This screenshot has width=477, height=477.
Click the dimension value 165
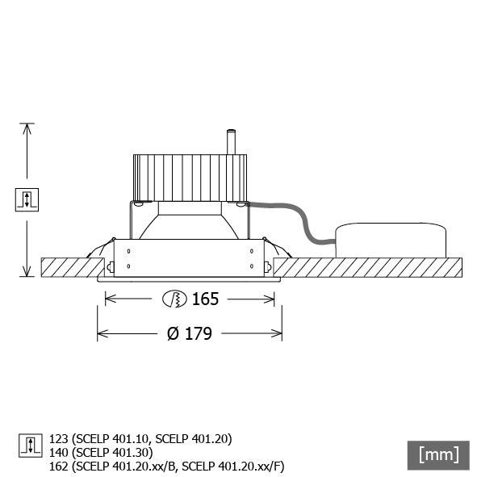click(206, 299)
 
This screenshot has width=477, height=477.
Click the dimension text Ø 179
click(189, 333)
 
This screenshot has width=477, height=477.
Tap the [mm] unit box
click(438, 454)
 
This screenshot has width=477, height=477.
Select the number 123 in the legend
click(59, 439)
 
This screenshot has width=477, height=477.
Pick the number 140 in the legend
click(59, 453)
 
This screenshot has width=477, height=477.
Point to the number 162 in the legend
click(59, 467)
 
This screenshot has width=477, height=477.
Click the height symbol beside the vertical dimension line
click(27, 199)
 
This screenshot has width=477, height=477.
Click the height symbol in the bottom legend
click(30, 446)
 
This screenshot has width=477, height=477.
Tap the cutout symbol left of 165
click(174, 299)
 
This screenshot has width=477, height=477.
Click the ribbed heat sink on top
click(190, 178)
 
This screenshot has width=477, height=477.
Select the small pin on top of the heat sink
click(231, 141)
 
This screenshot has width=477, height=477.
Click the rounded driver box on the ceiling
click(391, 241)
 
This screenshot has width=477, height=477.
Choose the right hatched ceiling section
click(367, 266)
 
